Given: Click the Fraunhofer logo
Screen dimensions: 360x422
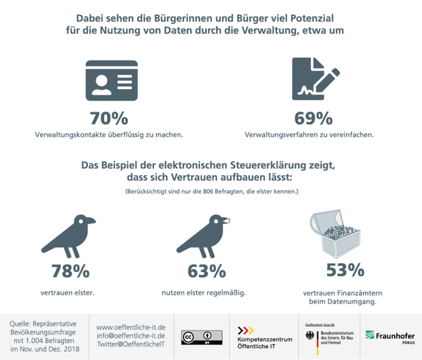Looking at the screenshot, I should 389,336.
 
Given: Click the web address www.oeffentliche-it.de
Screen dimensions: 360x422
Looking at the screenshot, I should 131,327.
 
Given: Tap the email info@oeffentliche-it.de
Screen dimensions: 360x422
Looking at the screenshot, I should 131,335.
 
